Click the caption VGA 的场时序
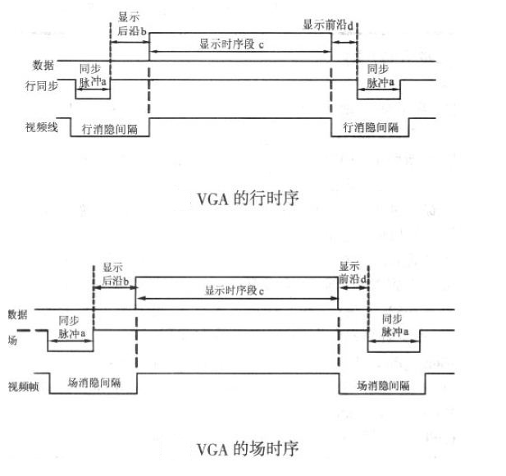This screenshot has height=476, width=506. coord(247,449)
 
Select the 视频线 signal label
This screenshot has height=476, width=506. coord(40,127)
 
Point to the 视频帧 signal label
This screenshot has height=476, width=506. coord(25,383)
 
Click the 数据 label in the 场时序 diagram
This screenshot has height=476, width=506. coord(18,313)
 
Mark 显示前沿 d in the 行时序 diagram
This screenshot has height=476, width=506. coord(329,25)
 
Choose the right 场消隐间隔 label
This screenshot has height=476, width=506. coord(383,383)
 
